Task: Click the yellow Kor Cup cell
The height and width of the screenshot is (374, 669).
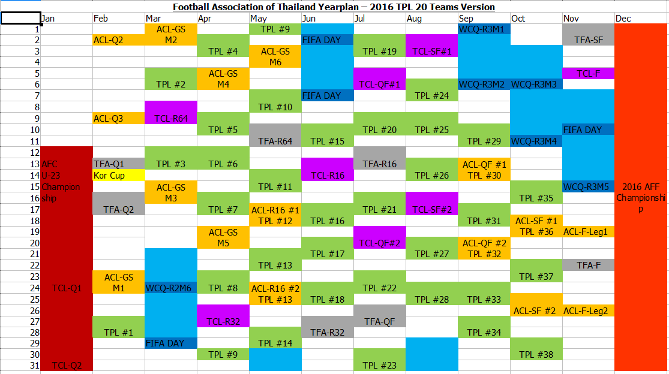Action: tap(118, 176)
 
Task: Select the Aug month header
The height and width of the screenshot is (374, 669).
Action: tap(414, 19)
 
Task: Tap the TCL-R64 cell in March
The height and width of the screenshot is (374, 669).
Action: tap(171, 119)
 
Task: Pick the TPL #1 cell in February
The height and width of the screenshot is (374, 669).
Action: tap(118, 333)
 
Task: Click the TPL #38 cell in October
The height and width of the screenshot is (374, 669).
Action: tap(536, 355)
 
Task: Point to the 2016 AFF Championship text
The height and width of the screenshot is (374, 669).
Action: tap(641, 198)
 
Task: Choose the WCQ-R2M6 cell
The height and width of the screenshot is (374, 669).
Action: tap(171, 288)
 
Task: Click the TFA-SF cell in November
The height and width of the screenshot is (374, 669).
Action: tap(589, 40)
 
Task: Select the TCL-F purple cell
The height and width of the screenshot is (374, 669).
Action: tap(589, 74)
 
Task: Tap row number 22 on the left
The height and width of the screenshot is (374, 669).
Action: tap(35, 265)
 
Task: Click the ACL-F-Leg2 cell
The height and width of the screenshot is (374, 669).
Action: tap(589, 310)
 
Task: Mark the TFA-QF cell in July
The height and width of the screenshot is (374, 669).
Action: tap(379, 321)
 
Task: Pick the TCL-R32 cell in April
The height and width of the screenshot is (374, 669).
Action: tap(223, 321)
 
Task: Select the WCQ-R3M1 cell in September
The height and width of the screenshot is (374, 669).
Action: tap(484, 29)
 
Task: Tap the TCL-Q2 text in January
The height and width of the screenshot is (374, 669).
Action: tap(67, 366)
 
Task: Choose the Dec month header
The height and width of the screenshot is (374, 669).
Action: tap(623, 19)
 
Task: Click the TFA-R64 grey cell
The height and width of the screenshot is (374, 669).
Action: tap(275, 141)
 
